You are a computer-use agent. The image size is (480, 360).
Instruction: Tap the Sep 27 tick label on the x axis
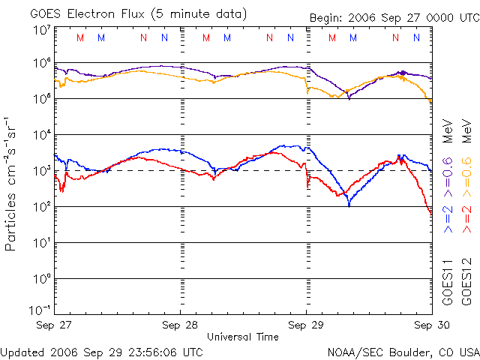click(54, 325)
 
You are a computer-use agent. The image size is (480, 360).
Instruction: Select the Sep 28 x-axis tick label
click(181, 325)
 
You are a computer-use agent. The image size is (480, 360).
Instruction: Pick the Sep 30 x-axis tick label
click(430, 325)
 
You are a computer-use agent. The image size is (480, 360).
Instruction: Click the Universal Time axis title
click(243, 337)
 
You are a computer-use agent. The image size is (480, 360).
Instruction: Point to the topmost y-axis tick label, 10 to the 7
click(41, 29)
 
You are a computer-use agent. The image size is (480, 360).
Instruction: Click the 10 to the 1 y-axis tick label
click(41, 243)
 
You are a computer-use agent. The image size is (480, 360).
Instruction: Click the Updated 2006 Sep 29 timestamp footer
click(102, 351)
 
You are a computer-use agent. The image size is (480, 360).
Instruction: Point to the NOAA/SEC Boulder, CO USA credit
click(403, 351)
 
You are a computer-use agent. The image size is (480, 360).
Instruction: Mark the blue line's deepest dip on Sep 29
click(349, 204)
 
